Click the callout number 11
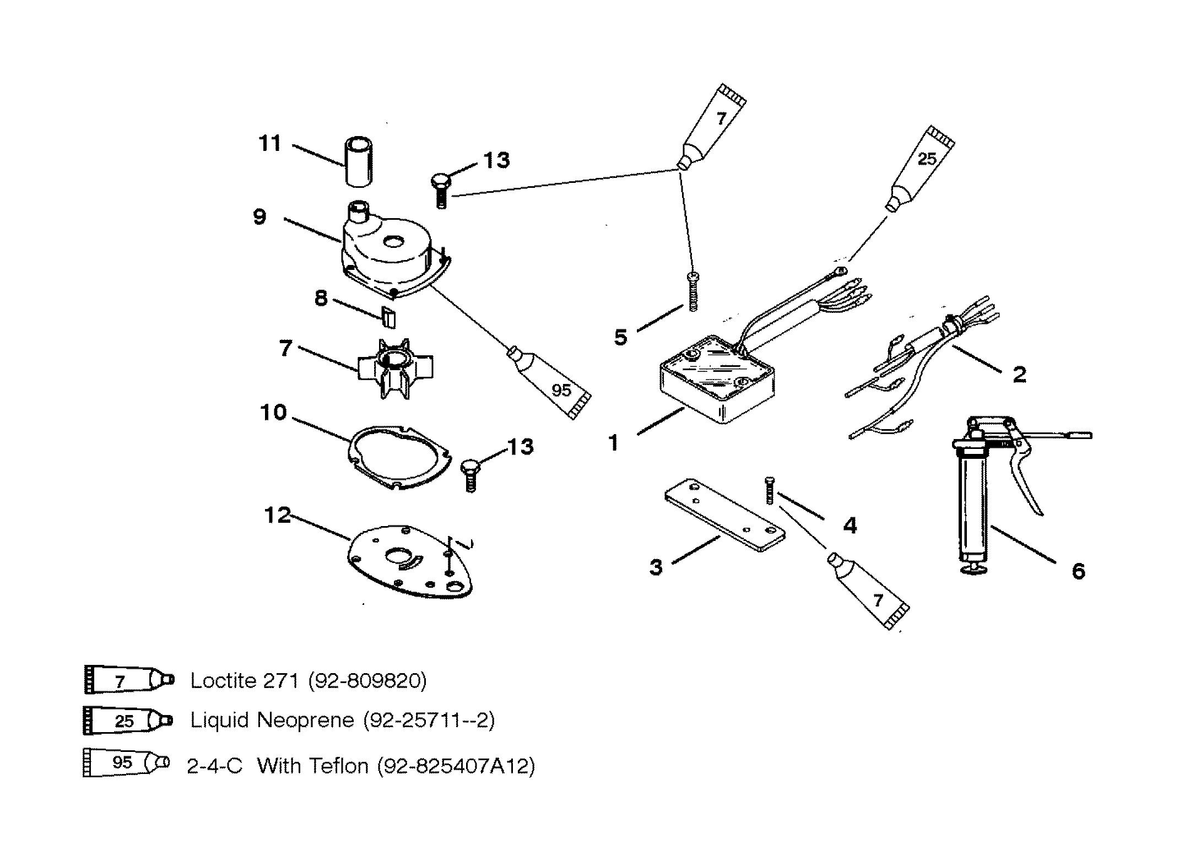270,144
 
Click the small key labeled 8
389,317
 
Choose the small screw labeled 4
766,490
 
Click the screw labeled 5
693,291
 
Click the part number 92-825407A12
456,766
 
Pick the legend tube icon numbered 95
127,762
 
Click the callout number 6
1078,571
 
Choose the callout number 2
1019,375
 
